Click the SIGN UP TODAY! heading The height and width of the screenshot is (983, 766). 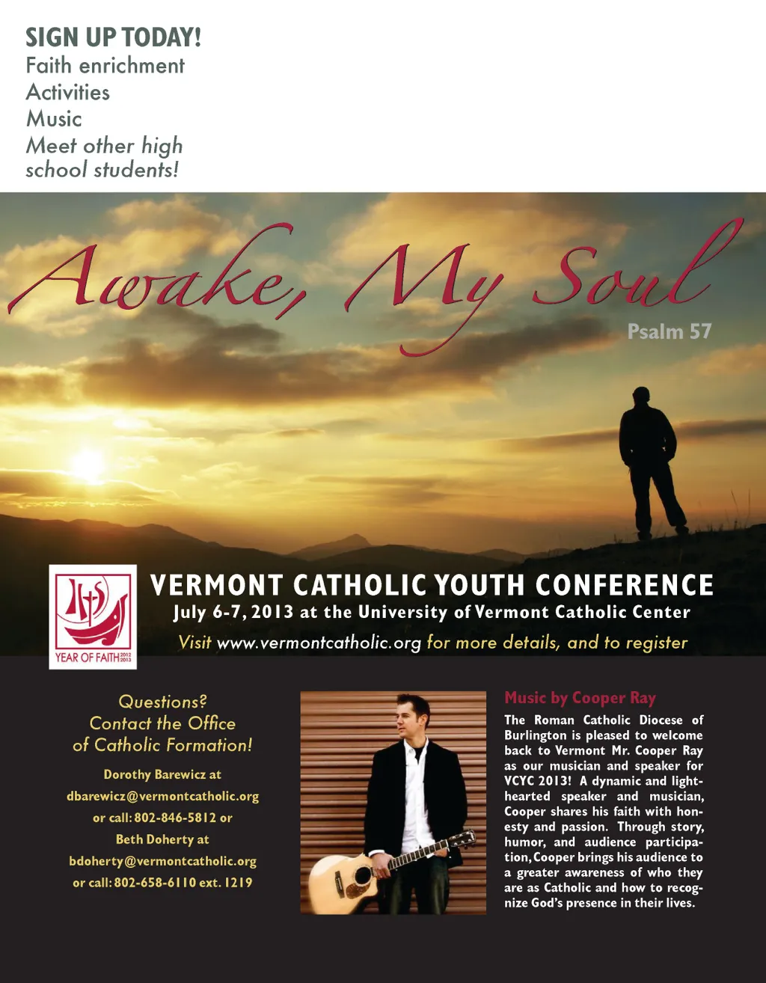tap(113, 37)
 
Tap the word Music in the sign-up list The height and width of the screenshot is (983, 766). tap(54, 119)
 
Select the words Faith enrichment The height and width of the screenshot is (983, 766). tap(105, 66)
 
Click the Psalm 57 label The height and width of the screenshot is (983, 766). tap(669, 331)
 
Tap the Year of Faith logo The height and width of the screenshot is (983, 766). tap(93, 616)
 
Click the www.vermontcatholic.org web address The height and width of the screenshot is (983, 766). tap(319, 643)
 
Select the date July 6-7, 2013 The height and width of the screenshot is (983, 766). tap(233, 612)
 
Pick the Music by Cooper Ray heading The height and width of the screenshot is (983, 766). tap(580, 698)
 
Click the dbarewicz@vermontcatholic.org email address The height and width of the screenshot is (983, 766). tap(162, 796)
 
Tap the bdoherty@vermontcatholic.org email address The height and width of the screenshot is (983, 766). tap(162, 861)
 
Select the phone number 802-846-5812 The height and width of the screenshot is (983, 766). tap(175, 818)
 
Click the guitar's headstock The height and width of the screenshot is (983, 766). tap(461, 839)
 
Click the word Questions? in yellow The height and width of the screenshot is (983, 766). tap(162, 702)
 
